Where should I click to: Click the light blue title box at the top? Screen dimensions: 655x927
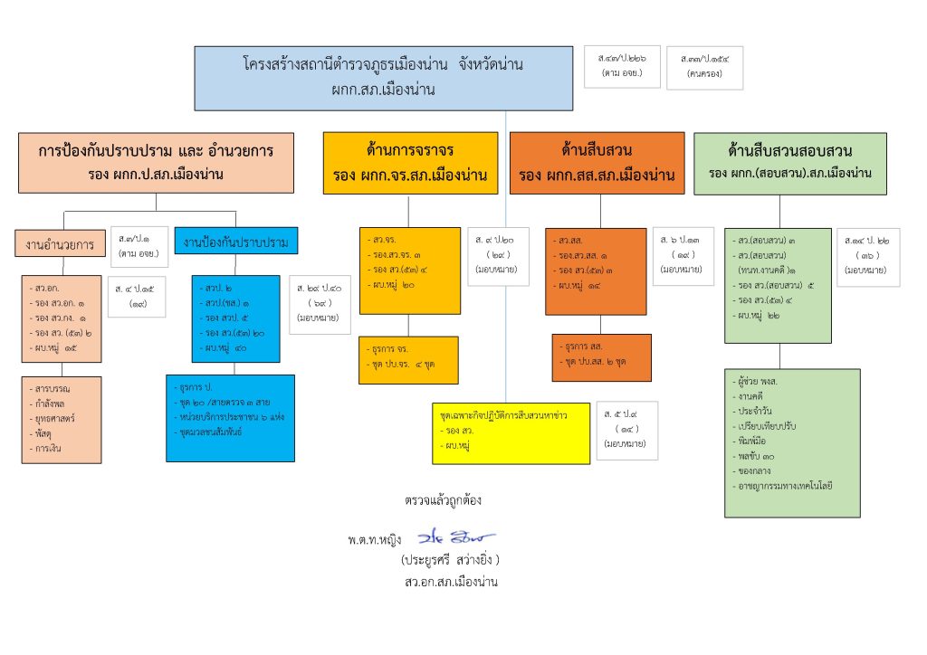[x=384, y=78]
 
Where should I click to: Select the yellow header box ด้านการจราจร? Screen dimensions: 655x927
[x=410, y=163]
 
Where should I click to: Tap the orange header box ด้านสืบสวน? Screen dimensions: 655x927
[x=597, y=163]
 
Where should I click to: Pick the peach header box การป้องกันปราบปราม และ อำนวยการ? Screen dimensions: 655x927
[x=156, y=163]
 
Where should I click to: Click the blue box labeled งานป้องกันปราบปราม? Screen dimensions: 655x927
[x=235, y=242]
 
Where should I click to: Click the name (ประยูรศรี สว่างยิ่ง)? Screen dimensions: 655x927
[x=450, y=560]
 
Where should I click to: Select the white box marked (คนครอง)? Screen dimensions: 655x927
[x=704, y=68]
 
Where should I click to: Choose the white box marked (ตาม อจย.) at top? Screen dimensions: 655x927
[x=622, y=67]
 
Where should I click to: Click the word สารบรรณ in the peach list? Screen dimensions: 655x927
[x=53, y=389]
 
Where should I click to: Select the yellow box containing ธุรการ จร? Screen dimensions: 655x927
[x=407, y=359]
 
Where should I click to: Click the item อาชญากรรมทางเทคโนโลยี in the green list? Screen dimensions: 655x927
[x=785, y=487]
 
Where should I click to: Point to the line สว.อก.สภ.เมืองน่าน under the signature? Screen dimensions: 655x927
[x=452, y=582]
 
